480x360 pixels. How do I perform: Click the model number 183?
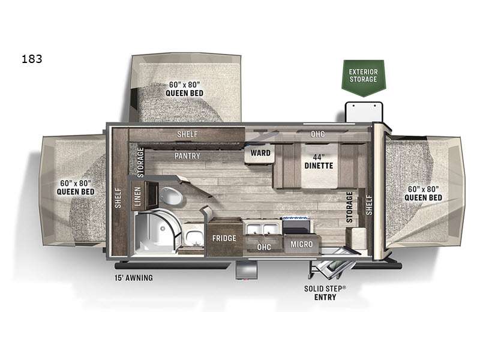[x=32, y=59]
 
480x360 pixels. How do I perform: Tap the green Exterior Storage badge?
[x=364, y=78]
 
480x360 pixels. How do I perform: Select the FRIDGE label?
[x=224, y=238]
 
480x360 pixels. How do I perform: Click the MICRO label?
[x=302, y=244]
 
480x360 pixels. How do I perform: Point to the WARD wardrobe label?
[x=260, y=153]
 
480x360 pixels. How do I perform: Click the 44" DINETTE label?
[x=319, y=161]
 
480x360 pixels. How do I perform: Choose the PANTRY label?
[x=187, y=156]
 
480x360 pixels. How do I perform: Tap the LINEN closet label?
[x=138, y=196]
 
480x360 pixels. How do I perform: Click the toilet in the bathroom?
[x=170, y=196]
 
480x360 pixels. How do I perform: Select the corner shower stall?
[x=155, y=232]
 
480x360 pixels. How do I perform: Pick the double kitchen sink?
[x=263, y=229]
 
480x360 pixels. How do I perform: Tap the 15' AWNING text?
[x=134, y=278]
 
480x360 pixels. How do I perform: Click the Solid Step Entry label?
[x=325, y=293]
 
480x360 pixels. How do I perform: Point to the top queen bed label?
[x=184, y=89]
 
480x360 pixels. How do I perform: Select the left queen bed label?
[x=76, y=187]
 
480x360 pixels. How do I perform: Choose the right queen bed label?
[x=423, y=193]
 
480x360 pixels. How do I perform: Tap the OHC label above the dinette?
[x=318, y=134]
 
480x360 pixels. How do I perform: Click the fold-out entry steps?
[x=332, y=267]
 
